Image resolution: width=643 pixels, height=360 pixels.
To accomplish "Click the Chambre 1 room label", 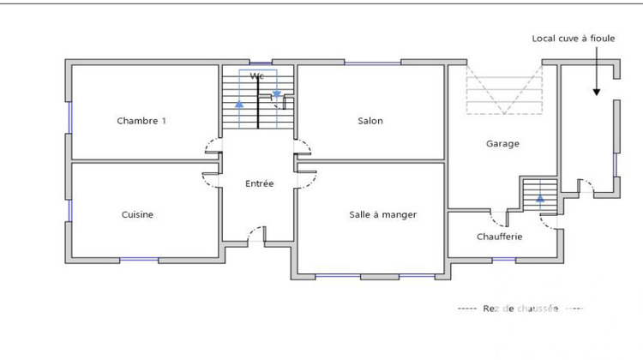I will (x=141, y=121).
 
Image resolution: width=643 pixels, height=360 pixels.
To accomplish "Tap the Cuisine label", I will (x=137, y=214).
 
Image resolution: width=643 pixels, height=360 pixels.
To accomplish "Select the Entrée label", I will (x=259, y=183).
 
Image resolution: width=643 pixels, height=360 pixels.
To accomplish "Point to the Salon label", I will (x=370, y=121).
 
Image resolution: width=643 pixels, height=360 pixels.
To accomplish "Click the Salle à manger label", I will (x=382, y=214).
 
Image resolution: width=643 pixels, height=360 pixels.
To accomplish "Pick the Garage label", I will (x=502, y=144).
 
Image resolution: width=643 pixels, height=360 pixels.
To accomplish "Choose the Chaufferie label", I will (x=500, y=237).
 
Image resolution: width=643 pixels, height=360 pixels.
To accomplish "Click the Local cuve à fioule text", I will (x=573, y=39).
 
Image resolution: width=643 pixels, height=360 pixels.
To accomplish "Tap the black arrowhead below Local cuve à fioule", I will (x=596, y=91).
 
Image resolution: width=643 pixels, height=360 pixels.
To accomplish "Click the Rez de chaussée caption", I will (x=520, y=309).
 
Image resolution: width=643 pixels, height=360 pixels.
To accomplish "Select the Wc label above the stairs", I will (x=255, y=76).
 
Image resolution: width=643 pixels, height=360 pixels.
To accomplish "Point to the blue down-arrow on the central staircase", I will (x=276, y=93).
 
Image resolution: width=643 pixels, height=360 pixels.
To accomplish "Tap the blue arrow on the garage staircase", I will (x=540, y=199).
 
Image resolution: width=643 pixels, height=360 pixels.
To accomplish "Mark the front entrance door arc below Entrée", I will (x=256, y=233).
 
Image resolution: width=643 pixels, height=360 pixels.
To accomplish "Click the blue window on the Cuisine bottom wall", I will (x=139, y=259).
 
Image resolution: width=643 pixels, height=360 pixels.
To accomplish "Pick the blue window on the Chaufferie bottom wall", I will (x=503, y=259).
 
